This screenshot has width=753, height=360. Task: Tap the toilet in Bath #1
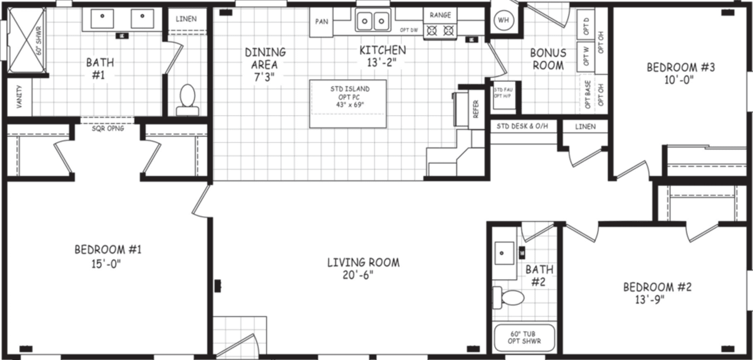[187, 99]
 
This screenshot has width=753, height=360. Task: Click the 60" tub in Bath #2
[525, 337]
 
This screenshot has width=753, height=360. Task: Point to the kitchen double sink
[373, 21]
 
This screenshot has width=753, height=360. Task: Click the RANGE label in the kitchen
[440, 15]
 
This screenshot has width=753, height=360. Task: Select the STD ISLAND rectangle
[348, 104]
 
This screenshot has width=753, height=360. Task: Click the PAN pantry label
[322, 22]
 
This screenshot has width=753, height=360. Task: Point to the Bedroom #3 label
[680, 67]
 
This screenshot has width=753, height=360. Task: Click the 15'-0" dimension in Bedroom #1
[107, 264]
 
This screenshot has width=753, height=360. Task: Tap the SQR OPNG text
[108, 129]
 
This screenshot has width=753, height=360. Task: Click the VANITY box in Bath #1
[19, 97]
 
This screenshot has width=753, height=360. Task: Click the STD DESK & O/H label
[523, 127]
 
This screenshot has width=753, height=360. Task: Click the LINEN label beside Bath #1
[186, 19]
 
